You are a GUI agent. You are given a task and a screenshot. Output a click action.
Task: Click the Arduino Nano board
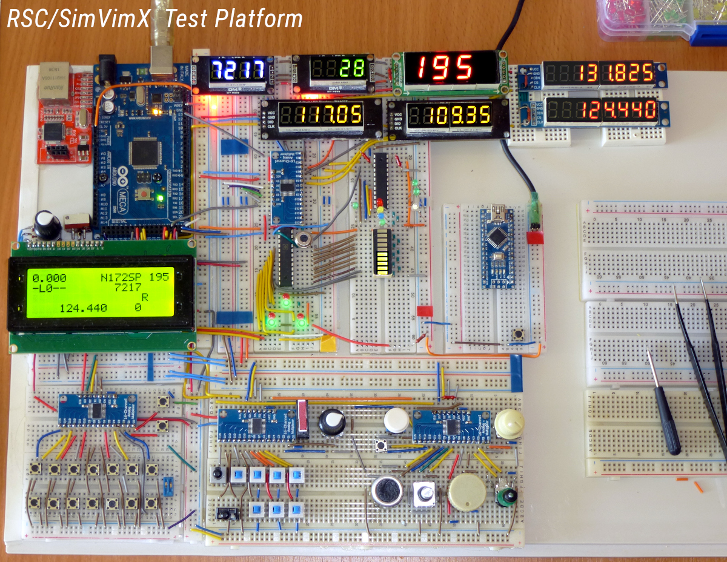[x=496, y=247]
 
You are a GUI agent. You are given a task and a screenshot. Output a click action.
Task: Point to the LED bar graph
[x=382, y=253]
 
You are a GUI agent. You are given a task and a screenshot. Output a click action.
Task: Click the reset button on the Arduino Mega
[x=146, y=193]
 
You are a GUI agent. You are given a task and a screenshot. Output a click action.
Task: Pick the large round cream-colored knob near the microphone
[x=467, y=492]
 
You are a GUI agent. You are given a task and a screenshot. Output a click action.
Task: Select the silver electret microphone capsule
[x=388, y=491]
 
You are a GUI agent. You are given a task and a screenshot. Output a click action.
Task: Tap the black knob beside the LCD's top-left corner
[x=47, y=225]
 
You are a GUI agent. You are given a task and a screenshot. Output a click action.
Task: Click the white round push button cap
[x=397, y=420]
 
